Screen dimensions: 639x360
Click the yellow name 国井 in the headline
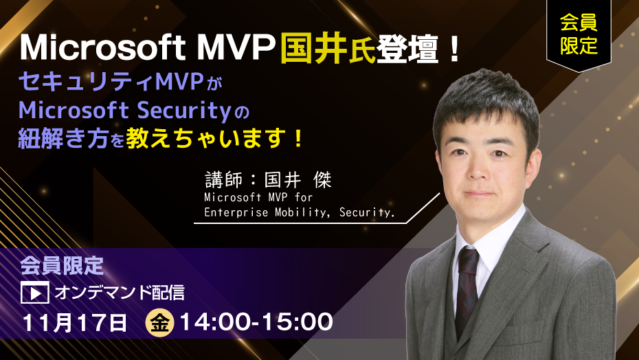click(x=314, y=48)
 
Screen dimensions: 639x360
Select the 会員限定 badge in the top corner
click(x=579, y=34)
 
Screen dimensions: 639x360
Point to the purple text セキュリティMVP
click(x=111, y=82)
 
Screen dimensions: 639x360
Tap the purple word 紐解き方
click(x=63, y=139)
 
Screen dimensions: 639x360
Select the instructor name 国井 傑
click(x=298, y=179)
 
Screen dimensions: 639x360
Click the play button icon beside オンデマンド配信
click(x=35, y=292)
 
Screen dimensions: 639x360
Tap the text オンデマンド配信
click(x=120, y=292)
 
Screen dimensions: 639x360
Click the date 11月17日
click(x=75, y=322)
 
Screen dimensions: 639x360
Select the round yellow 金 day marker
click(x=159, y=323)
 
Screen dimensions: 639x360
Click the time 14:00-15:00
click(x=256, y=322)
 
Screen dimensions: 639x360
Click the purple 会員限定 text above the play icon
click(x=62, y=266)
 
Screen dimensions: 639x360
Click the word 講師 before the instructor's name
click(x=224, y=179)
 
